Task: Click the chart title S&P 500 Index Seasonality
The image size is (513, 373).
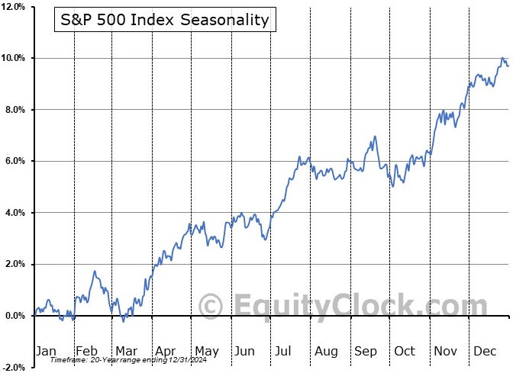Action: (165, 20)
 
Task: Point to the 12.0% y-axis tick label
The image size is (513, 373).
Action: (13, 7)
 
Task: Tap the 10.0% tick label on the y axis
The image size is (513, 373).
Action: (13, 58)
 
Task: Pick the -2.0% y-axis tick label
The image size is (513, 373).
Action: (14, 368)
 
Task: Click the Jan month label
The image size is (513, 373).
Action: (46, 351)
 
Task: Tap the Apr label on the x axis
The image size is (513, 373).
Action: (165, 352)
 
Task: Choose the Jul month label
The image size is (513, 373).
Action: (283, 351)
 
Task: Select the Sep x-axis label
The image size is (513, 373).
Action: (366, 352)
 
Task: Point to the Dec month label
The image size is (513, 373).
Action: (485, 351)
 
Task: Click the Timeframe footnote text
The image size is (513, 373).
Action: (128, 360)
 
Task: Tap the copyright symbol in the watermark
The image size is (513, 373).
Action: (211, 307)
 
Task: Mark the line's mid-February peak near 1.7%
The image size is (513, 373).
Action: (95, 271)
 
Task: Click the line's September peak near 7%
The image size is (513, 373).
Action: (375, 137)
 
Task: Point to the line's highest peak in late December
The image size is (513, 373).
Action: (502, 58)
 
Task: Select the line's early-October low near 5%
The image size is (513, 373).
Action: (392, 186)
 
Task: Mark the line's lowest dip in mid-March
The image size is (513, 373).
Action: (124, 322)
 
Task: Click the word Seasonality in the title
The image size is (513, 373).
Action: (224, 20)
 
